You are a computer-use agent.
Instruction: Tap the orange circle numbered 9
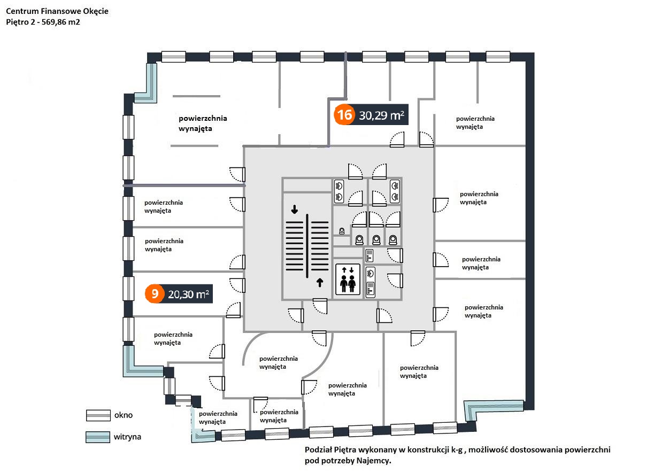pyautogui.click(x=155, y=293)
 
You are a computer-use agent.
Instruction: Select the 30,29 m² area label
pyautogui.click(x=381, y=115)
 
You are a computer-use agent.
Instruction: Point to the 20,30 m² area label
pyautogui.click(x=188, y=293)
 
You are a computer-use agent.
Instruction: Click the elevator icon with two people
pyautogui.click(x=348, y=280)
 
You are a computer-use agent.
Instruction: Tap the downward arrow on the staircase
pyautogui.click(x=294, y=210)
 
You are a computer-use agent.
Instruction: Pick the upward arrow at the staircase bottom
pyautogui.click(x=320, y=282)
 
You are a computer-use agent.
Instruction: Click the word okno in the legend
pyautogui.click(x=123, y=415)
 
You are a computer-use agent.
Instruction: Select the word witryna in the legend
pyautogui.click(x=127, y=437)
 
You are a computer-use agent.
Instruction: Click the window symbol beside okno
pyautogui.click(x=97, y=415)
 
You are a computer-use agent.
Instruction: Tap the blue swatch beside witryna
pyautogui.click(x=97, y=437)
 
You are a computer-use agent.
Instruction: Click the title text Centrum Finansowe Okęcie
pyautogui.click(x=57, y=11)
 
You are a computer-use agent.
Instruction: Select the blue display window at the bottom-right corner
pyautogui.click(x=495, y=408)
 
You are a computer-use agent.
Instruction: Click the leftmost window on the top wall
pyautogui.click(x=174, y=57)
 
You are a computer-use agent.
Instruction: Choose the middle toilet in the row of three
pyautogui.click(x=377, y=239)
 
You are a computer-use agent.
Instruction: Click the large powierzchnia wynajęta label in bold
pyautogui.click(x=203, y=123)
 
